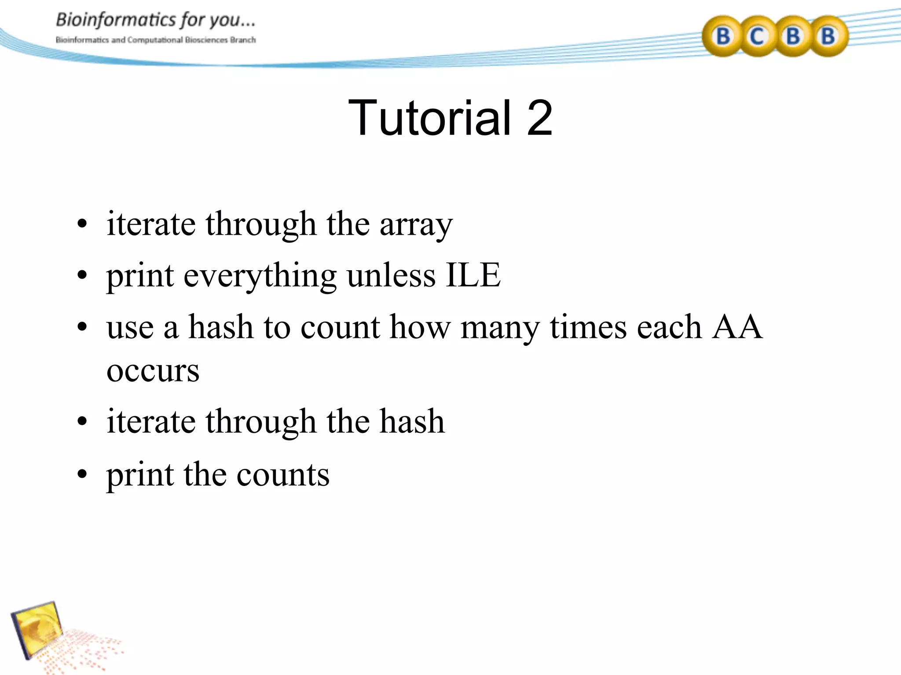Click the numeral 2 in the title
pyautogui.click(x=539, y=118)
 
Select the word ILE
pyautogui.click(x=473, y=276)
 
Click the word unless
pyautogui.click(x=391, y=276)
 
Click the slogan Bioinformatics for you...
pyautogui.click(x=155, y=20)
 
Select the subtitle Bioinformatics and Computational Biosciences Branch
pyautogui.click(x=155, y=40)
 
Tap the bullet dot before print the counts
pyautogui.click(x=82, y=475)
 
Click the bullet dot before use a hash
pyautogui.click(x=82, y=327)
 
